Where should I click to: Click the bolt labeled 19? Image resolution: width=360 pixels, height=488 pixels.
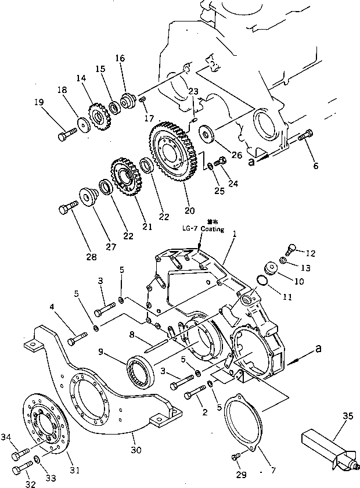(65, 135)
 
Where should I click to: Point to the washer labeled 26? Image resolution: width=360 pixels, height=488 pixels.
(206, 132)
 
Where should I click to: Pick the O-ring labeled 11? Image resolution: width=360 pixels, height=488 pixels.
(263, 281)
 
